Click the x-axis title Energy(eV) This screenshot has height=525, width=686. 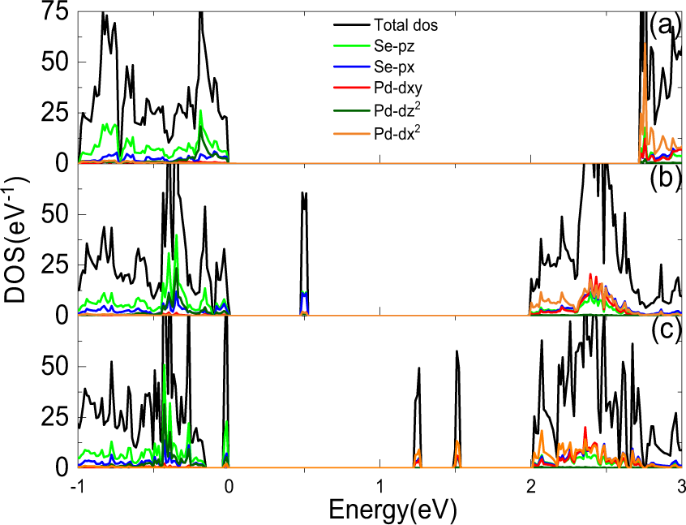point(392,509)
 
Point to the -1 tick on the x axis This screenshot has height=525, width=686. point(78,486)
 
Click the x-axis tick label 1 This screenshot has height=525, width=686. point(380,486)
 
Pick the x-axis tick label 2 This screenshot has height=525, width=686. point(531,486)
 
